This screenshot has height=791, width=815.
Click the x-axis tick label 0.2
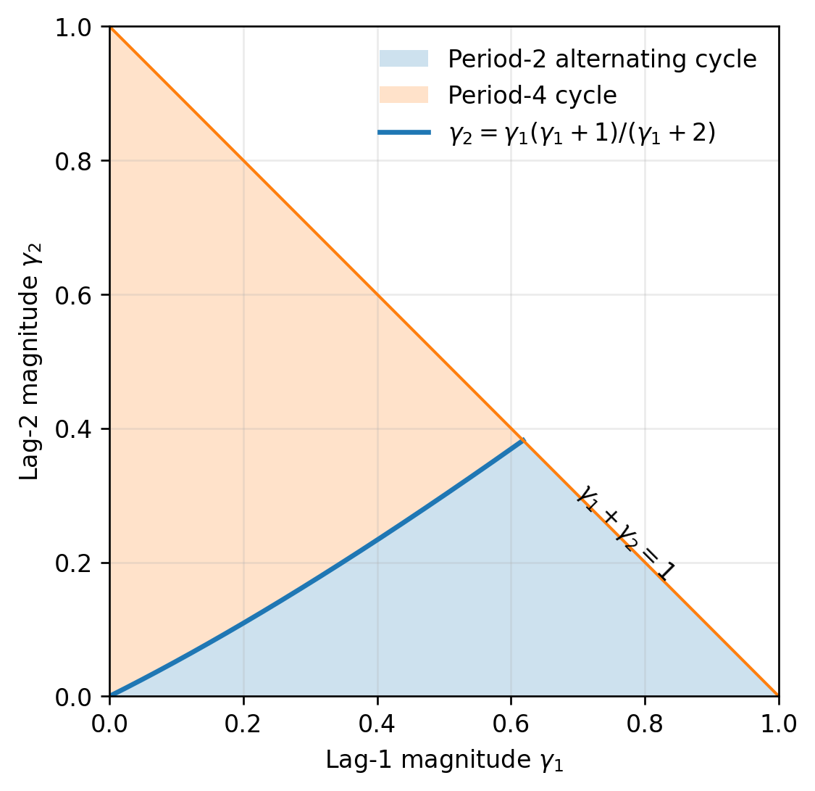[243, 724]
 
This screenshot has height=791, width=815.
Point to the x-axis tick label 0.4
[377, 724]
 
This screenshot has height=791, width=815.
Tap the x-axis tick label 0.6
[511, 724]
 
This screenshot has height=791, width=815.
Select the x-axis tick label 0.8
[645, 724]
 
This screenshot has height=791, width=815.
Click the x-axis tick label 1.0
[778, 724]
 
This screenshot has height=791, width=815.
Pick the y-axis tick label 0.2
[73, 563]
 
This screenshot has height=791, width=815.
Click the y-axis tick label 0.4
[73, 429]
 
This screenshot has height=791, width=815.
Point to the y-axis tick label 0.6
[73, 295]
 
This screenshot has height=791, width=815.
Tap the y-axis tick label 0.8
[73, 162]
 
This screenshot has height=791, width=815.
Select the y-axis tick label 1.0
[73, 28]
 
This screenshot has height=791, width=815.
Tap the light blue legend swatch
[404, 59]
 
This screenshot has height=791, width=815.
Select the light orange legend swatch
[404, 95]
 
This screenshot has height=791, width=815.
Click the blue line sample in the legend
[404, 133]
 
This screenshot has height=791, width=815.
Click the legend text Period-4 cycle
[532, 96]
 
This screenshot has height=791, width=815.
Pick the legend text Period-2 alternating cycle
[603, 59]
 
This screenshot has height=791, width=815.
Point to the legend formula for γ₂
[582, 133]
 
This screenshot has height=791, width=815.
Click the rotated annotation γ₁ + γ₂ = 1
[625, 533]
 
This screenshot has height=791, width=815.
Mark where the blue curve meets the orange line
[524, 441]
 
